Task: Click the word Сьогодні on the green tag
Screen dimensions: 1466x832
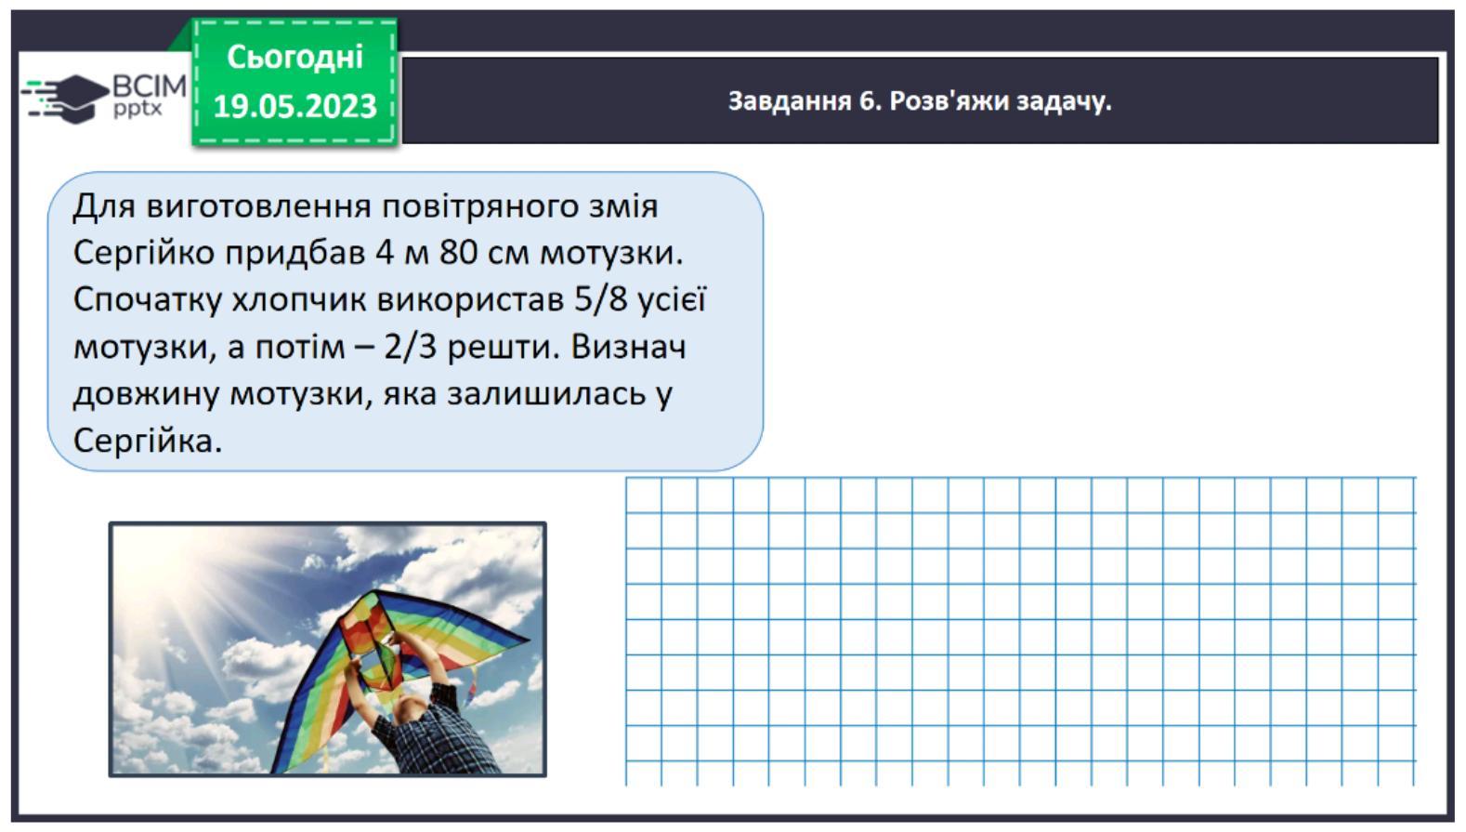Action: (x=295, y=58)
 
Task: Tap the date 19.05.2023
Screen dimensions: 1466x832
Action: (x=295, y=105)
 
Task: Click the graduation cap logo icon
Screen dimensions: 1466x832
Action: (x=65, y=99)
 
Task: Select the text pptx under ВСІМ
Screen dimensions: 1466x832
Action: (x=137, y=108)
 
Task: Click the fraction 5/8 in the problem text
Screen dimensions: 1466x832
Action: (x=601, y=300)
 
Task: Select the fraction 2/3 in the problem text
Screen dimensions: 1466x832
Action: (x=410, y=347)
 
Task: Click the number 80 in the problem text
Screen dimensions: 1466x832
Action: (x=458, y=252)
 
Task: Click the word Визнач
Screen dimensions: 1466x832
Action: (x=628, y=347)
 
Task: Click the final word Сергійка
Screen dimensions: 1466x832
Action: (x=148, y=441)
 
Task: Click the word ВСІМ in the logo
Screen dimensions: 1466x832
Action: (x=150, y=86)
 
